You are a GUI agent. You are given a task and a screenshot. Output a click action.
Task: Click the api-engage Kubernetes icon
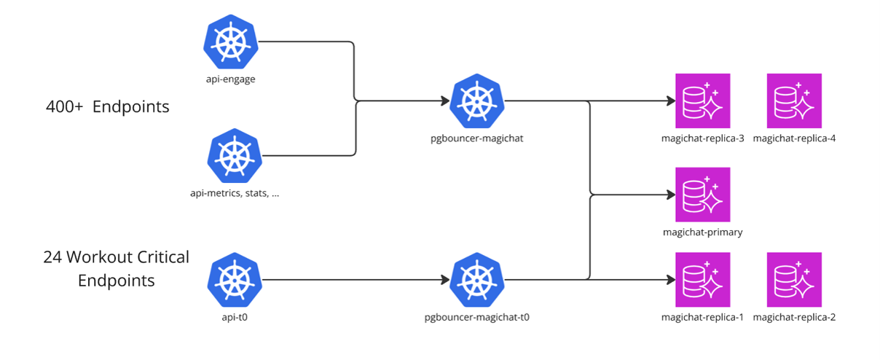point(231,42)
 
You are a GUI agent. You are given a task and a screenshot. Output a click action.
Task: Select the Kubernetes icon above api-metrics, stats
point(235,156)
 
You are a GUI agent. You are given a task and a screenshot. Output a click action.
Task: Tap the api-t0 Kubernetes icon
point(235,280)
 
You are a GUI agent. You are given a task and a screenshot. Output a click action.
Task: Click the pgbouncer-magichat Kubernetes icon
point(477,101)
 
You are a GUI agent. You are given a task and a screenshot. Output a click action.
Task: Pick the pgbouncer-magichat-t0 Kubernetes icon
point(477,280)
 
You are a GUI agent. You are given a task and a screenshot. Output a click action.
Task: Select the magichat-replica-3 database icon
point(703,101)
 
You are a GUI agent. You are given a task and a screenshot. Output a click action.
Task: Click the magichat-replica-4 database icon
point(794,101)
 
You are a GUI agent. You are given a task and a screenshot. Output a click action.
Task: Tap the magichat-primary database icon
point(703,195)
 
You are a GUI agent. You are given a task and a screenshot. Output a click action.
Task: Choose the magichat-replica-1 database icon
point(703,279)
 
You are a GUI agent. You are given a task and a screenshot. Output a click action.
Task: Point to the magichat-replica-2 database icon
point(794,279)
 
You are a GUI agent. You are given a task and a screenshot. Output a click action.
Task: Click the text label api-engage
point(231,79)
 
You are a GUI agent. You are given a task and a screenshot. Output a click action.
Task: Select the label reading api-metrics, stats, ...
point(229,193)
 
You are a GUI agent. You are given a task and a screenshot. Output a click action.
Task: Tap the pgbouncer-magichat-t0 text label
point(477,318)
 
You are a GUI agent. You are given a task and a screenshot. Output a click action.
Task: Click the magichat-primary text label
point(703,232)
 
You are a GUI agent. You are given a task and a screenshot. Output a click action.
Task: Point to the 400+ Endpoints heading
point(108,107)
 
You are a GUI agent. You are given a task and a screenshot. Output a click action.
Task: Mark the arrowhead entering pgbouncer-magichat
point(446,101)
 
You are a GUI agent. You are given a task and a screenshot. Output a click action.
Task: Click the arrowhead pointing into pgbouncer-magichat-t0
point(446,280)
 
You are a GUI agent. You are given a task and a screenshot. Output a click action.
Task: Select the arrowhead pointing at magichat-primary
point(671,195)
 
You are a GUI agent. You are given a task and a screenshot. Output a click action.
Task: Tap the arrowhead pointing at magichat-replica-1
point(671,280)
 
